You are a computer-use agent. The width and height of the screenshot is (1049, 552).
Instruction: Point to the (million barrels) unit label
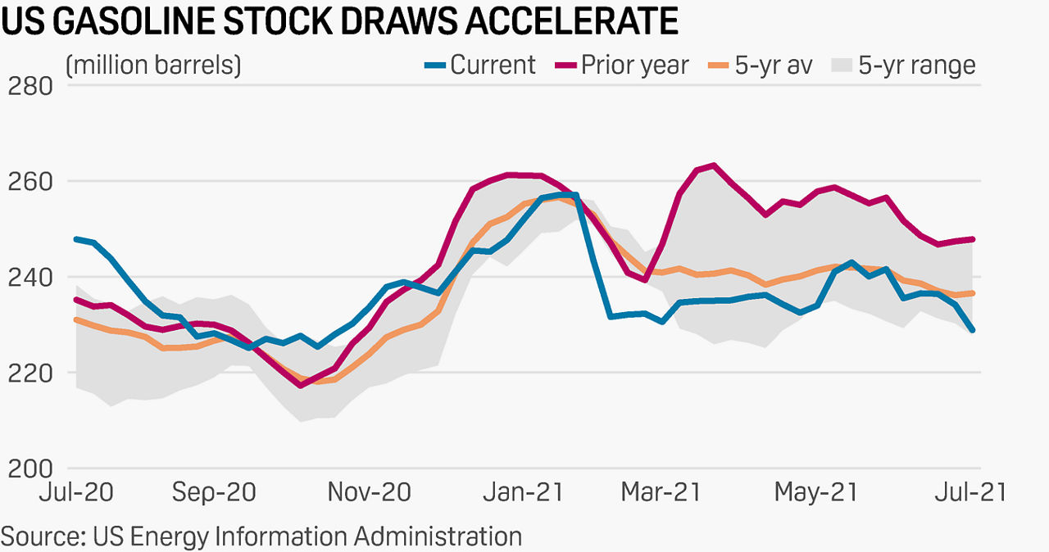pos(152,65)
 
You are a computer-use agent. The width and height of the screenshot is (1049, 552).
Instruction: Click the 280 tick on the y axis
pos(30,85)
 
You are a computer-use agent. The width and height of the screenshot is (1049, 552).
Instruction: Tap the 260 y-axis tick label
pos(30,181)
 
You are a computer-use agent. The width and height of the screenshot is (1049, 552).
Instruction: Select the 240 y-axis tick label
pos(30,278)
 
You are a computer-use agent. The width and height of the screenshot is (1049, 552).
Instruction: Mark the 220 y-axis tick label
pos(30,373)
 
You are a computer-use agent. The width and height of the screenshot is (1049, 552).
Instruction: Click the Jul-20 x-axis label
pos(77,492)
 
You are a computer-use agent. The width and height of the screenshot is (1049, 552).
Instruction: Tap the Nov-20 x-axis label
pos(370,492)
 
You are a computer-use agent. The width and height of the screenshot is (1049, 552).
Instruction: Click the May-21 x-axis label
pos(815,492)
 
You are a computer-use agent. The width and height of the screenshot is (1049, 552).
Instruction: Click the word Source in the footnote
pos(42,536)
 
